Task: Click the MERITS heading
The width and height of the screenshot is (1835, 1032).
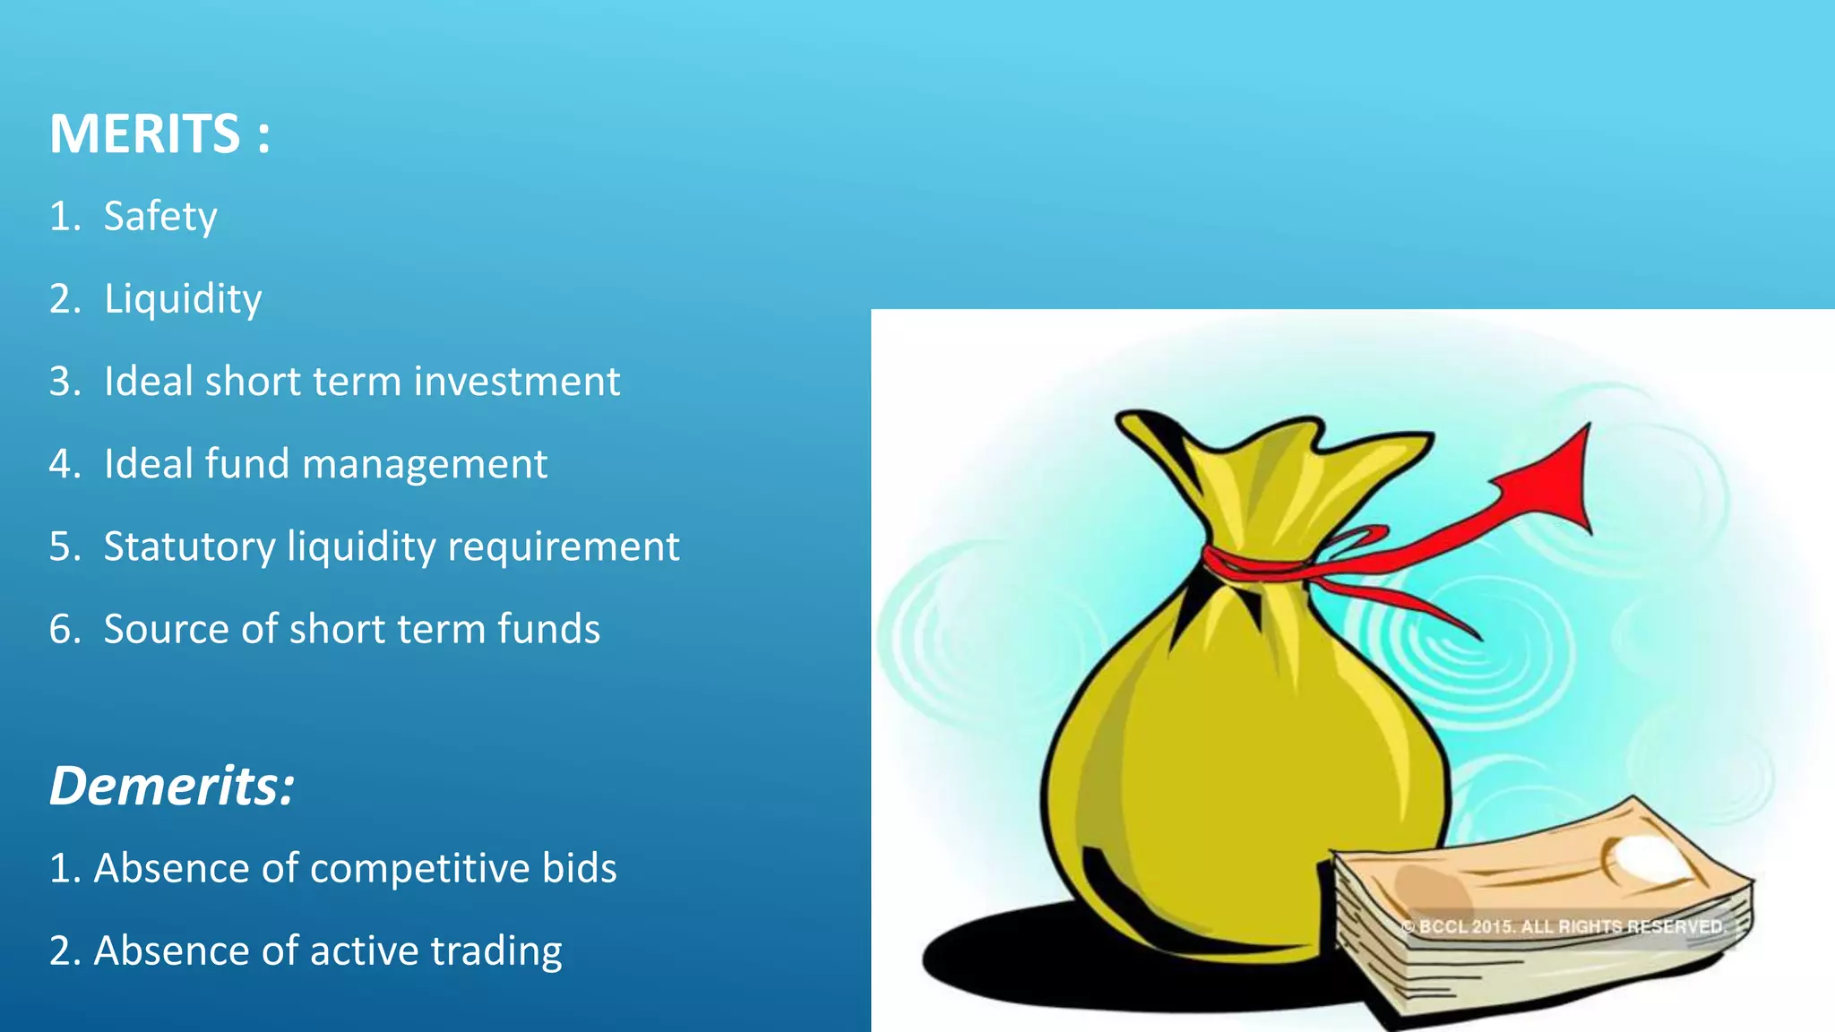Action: tap(159, 134)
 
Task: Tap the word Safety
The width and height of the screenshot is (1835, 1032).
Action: tap(160, 217)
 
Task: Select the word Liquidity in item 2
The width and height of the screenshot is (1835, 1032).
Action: tap(183, 299)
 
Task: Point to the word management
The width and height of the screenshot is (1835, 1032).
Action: tap(425, 465)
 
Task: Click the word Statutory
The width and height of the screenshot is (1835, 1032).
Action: tap(189, 547)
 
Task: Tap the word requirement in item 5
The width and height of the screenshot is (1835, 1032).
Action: tap(563, 547)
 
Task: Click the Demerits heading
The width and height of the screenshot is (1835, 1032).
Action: tap(171, 786)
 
